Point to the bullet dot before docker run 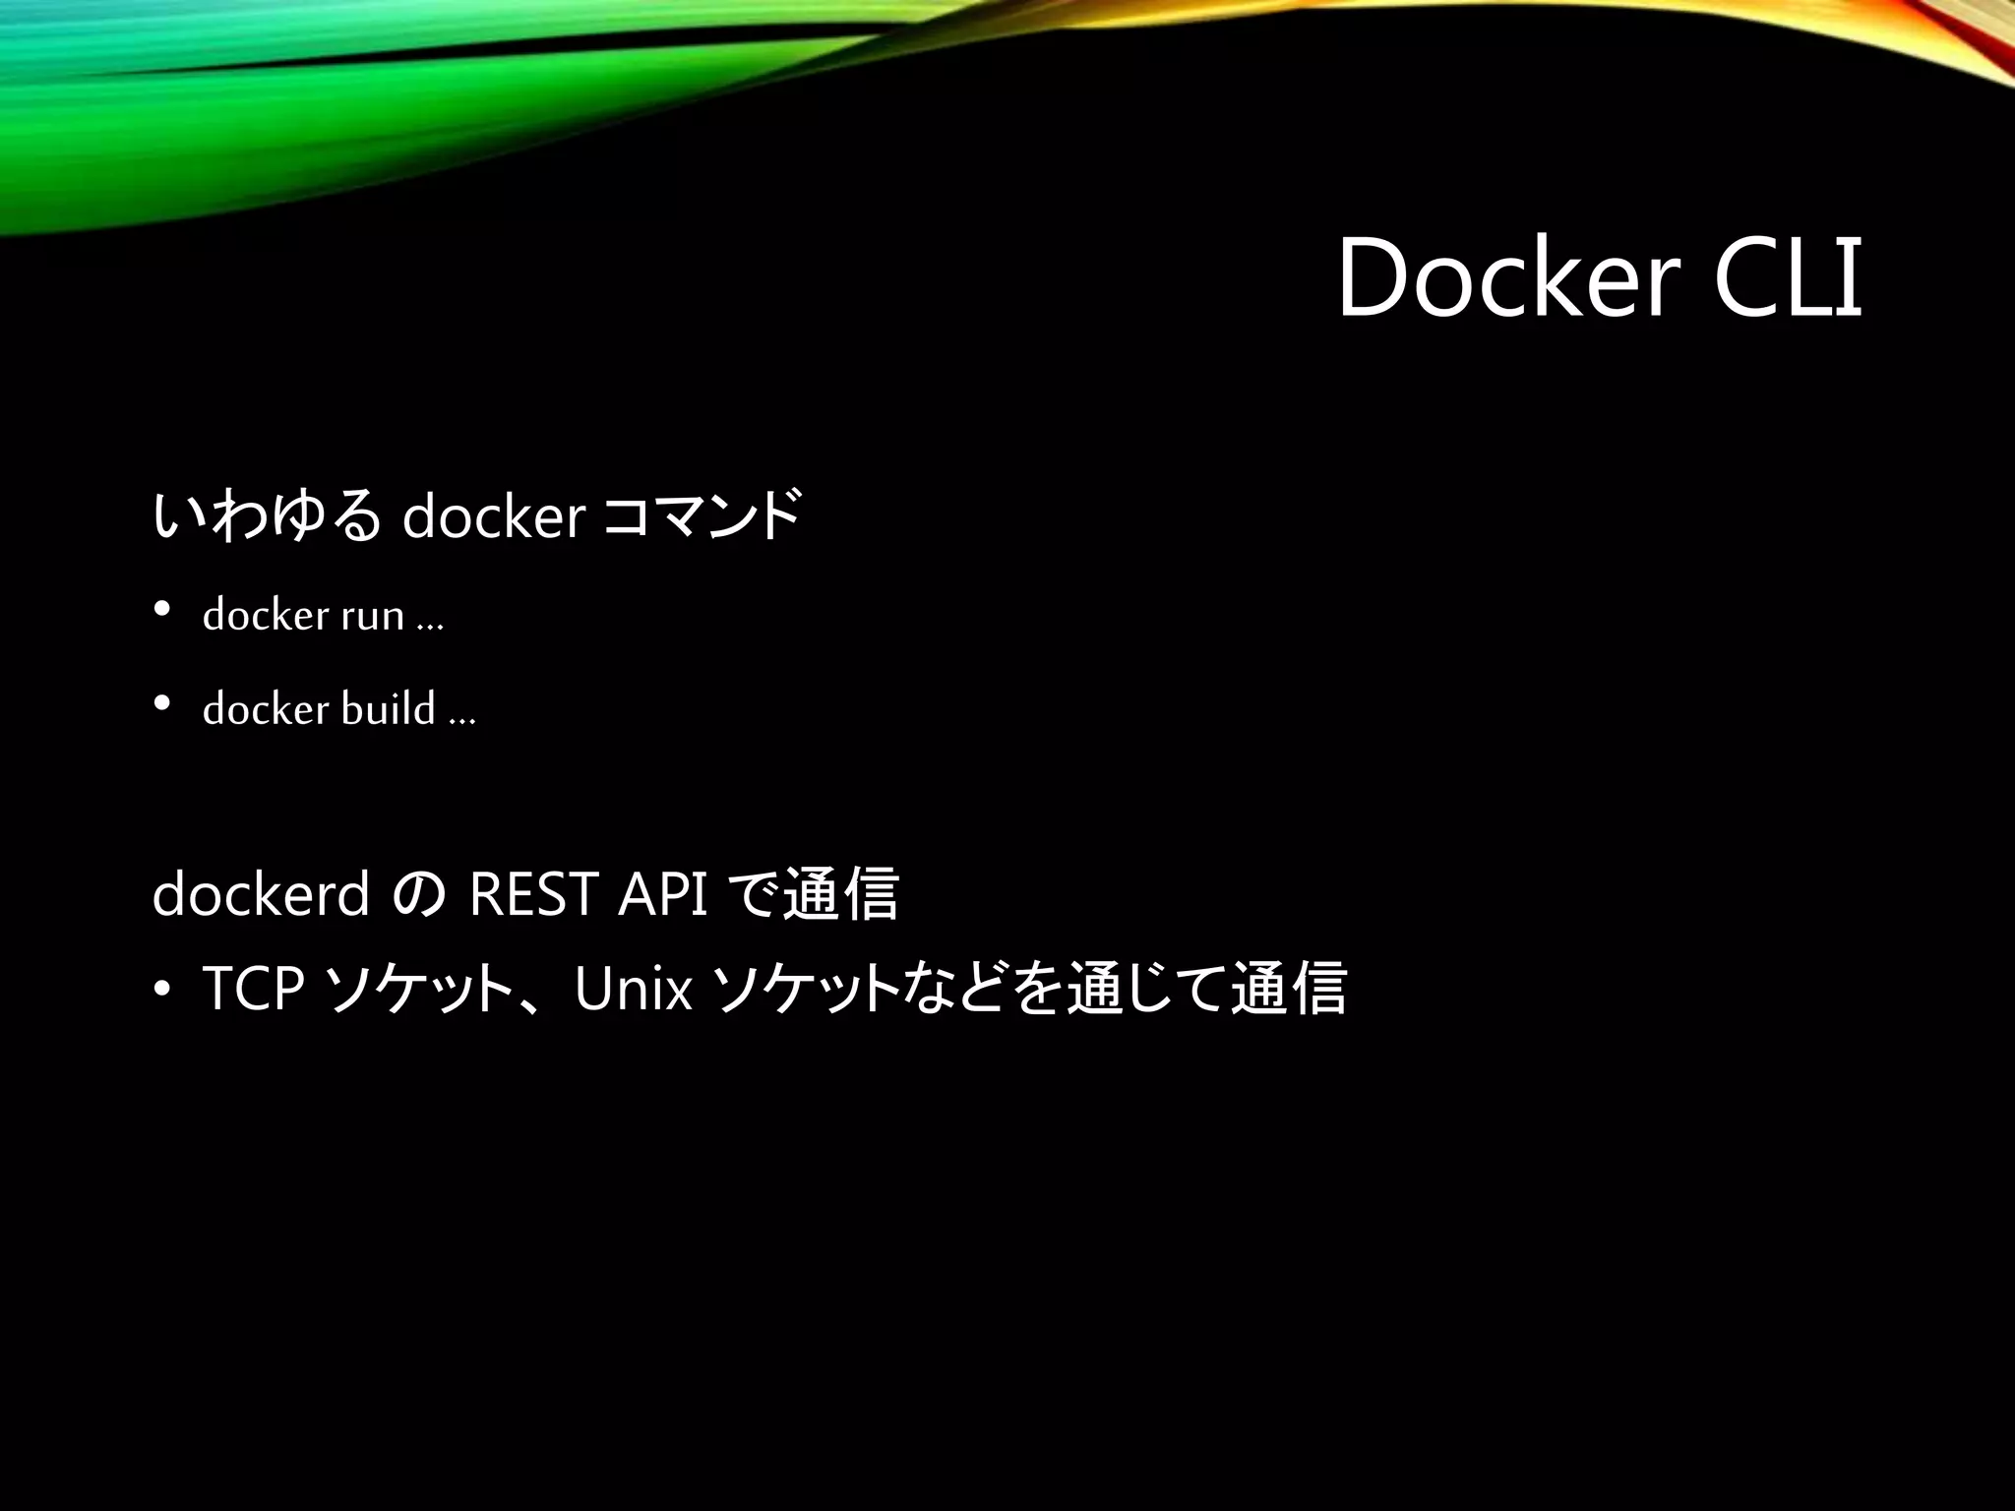tap(162, 611)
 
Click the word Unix tap(634, 988)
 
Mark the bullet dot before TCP tap(162, 990)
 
